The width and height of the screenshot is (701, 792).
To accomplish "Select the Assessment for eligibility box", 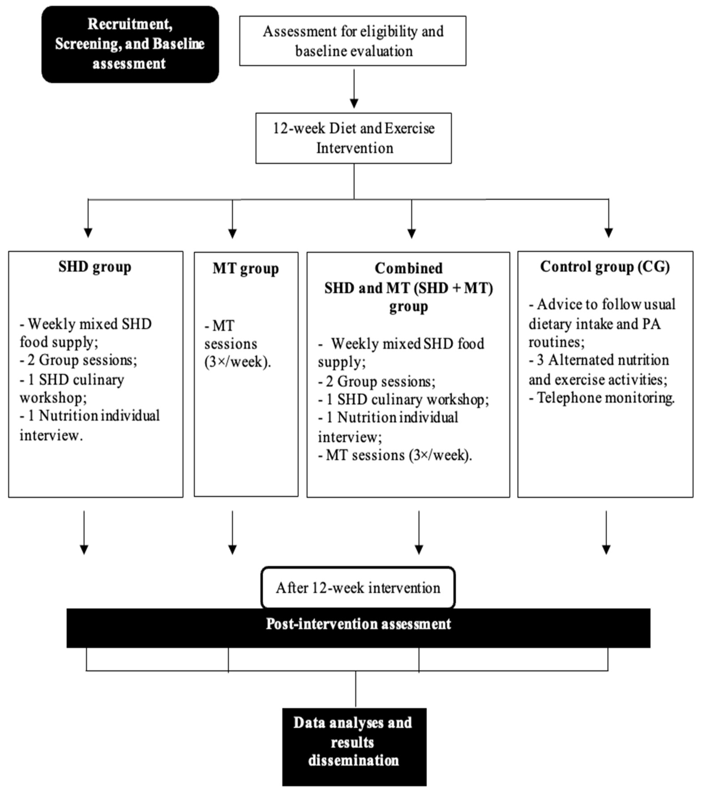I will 353,41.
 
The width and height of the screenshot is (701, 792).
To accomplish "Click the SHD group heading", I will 95,267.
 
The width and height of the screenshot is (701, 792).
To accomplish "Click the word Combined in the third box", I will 408,268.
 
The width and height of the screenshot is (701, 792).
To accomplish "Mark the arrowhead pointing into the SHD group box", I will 88,233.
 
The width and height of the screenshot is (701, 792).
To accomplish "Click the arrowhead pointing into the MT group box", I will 232,233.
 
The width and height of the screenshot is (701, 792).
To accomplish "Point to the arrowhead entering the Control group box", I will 609,233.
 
